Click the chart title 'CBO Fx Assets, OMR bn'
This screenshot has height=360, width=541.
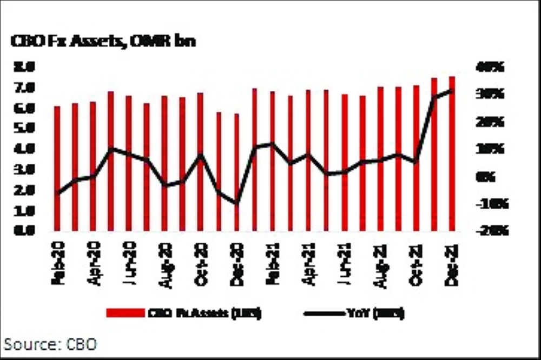point(103,42)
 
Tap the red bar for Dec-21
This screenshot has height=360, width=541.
point(452,154)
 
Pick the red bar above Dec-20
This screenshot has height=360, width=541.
point(236,172)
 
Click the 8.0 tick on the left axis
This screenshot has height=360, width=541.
point(24,66)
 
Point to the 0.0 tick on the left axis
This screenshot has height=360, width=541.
point(24,230)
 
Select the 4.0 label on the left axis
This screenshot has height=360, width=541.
point(24,149)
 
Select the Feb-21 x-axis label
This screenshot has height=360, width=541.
point(272,265)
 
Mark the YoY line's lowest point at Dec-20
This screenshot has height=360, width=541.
point(236,203)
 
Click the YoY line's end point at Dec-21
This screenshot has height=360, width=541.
point(452,91)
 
